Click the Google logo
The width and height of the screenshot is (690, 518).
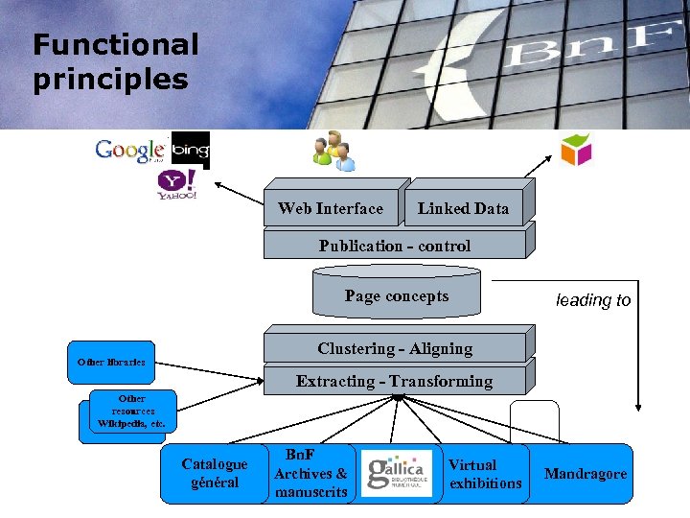coord(130,151)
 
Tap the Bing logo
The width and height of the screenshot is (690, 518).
coord(190,150)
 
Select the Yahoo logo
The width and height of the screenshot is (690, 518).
coord(177,184)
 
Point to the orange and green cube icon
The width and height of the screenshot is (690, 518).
coord(576,150)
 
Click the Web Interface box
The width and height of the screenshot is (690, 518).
coord(331,208)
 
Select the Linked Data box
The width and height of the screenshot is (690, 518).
coord(464,208)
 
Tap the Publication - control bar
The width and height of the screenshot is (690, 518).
coord(395,246)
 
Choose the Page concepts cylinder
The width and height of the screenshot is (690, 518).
coord(396,295)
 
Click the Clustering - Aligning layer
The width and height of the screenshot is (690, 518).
coord(395,348)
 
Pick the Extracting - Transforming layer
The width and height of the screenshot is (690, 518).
coord(395,381)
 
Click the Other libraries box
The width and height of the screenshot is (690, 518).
coord(111,362)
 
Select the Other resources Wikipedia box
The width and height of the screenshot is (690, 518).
coord(131,411)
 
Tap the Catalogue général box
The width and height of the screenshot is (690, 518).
coord(215,473)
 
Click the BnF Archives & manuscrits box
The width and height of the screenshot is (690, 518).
coord(310,473)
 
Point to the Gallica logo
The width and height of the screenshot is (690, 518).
coord(397,473)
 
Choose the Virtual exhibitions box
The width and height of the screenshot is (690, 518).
coord(486,473)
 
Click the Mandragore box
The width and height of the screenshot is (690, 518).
coord(585,473)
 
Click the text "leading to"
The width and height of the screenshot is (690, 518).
coord(593,300)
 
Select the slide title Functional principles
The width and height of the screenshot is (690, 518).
coord(115,61)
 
